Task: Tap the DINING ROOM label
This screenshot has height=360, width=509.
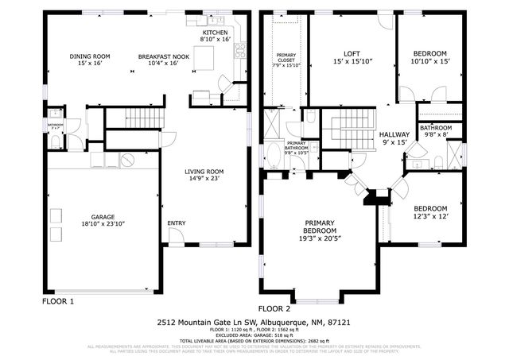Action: point(89,56)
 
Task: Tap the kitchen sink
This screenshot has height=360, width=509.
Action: point(216,20)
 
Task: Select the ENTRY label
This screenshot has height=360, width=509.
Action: point(176,223)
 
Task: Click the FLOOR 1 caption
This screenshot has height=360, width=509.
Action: point(57,302)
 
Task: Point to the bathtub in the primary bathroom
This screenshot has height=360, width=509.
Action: point(273,153)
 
